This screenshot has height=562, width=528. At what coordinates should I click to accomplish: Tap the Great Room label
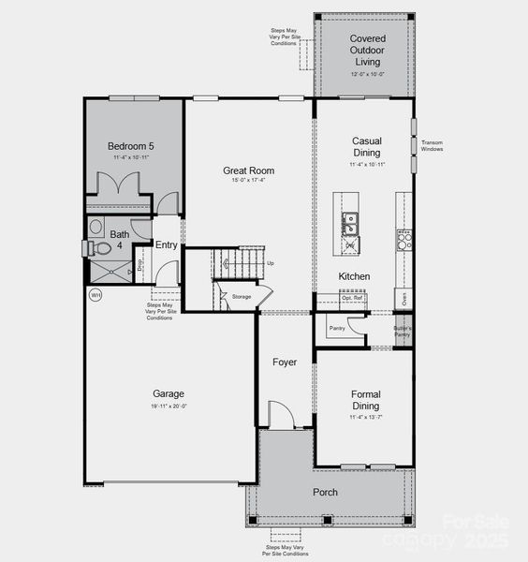[248, 170]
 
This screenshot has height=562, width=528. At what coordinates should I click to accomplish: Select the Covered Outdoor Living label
[367, 50]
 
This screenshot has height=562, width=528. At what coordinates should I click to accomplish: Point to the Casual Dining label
[366, 146]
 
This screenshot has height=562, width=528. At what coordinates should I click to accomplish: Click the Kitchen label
[354, 276]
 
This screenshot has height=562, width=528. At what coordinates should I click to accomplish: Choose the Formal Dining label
[366, 400]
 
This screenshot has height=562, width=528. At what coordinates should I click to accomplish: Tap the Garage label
[169, 393]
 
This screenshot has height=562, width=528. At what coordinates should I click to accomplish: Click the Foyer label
[285, 362]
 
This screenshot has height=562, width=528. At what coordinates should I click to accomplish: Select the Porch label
[325, 492]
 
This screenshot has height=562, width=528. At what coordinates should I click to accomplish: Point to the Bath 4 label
[120, 241]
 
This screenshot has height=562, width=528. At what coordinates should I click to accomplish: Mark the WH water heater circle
[95, 295]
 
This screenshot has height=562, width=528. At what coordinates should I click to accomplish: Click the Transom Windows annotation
[432, 145]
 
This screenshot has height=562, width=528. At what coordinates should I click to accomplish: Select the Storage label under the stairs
[242, 296]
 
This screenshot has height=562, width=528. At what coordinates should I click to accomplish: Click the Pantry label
[336, 328]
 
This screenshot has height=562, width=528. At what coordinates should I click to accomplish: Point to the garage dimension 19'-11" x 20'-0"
[169, 406]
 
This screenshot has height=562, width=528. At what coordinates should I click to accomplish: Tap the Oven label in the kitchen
[403, 300]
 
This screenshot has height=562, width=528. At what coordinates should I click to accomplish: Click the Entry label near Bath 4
[167, 245]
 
